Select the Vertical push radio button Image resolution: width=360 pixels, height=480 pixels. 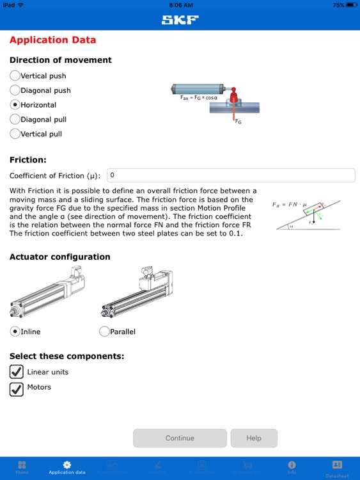point(15,76)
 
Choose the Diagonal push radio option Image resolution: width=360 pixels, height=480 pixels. point(15,90)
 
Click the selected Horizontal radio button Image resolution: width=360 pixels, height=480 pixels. point(15,105)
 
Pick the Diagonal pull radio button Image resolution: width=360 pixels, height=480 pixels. point(15,119)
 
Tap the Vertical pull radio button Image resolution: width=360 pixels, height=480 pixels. point(15,134)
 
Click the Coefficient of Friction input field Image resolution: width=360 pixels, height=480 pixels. point(230,175)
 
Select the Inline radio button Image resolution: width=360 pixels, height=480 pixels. point(15,332)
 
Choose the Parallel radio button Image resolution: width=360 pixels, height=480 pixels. point(105,332)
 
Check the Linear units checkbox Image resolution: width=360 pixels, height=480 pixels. point(16,372)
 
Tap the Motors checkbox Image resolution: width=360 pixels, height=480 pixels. point(16,388)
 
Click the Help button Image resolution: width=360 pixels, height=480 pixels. point(254,438)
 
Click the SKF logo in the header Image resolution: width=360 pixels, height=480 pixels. point(180,19)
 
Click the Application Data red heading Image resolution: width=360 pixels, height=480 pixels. point(52,40)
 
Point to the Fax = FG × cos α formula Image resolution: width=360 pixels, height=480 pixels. point(200,99)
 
